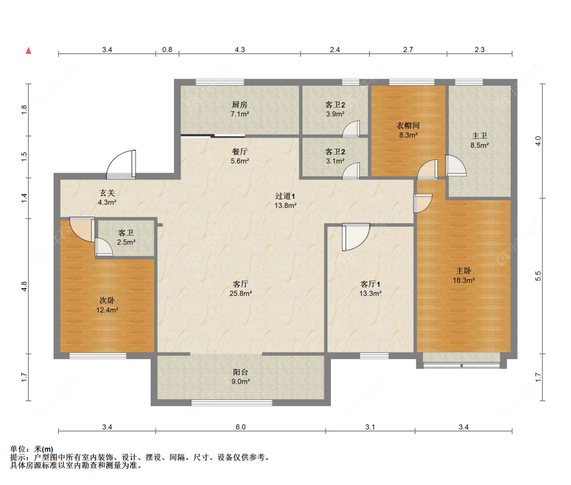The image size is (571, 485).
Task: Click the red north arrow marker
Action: click(x=28, y=51)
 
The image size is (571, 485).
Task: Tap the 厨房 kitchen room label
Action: click(x=240, y=105)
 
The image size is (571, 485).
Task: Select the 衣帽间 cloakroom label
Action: click(x=408, y=126)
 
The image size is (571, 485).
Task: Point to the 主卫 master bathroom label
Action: click(x=479, y=136)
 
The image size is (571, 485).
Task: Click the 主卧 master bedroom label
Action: click(x=463, y=271)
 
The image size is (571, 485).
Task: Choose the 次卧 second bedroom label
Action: click(x=107, y=300)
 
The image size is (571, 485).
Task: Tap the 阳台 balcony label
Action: click(x=241, y=372)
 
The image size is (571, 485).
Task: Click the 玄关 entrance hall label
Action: click(x=107, y=193)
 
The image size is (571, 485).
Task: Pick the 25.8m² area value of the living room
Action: click(x=241, y=293)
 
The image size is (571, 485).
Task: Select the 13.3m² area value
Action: click(x=371, y=293)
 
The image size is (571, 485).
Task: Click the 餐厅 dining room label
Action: click(x=240, y=152)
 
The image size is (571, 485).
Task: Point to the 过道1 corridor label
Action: click(x=285, y=196)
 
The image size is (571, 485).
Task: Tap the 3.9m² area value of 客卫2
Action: click(x=335, y=114)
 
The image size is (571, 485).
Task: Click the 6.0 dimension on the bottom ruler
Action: click(x=241, y=427)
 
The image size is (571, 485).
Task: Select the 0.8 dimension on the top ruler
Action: click(x=167, y=50)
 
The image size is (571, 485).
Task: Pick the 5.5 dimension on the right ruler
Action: click(x=538, y=276)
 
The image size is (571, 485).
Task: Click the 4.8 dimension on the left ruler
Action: click(x=24, y=286)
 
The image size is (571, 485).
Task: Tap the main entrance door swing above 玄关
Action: click(x=121, y=164)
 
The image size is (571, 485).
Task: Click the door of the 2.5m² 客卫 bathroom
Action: click(x=104, y=247)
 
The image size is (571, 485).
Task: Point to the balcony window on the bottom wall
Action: click(x=231, y=403)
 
